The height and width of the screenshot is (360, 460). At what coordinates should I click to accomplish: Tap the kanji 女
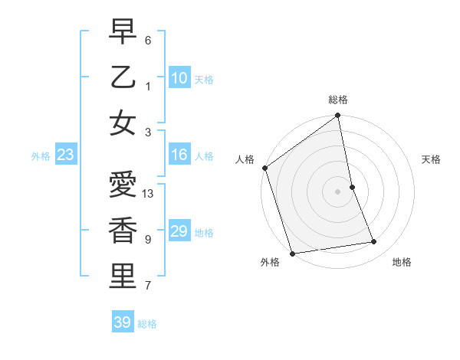coord(123,123)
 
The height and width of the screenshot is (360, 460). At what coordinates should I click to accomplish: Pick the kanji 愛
coord(123,185)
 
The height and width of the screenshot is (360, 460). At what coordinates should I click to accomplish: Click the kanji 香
coord(123,231)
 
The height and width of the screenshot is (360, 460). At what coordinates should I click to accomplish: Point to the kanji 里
coord(123,277)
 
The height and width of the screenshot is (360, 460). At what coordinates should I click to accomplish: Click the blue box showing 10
coord(179,77)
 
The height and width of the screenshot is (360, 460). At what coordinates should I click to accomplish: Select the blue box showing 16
coord(179,155)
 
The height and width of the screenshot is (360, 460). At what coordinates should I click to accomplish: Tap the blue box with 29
coord(179,231)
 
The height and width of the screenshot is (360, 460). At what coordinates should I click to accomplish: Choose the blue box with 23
coord(65,155)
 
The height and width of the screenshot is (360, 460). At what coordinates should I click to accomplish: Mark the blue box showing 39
coord(123,322)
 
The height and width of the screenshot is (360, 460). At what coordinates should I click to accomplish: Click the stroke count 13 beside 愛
coord(149,194)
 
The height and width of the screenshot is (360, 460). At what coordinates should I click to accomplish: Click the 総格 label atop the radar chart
coord(338,100)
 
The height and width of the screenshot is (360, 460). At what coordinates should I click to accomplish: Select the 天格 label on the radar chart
coord(432,159)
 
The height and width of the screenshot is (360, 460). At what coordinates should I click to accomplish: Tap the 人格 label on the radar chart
coord(245,159)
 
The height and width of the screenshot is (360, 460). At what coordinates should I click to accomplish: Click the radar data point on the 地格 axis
coord(374,242)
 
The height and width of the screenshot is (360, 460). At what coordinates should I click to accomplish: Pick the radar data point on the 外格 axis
coord(292,253)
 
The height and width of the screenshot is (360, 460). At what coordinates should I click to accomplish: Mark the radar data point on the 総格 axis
coord(338,116)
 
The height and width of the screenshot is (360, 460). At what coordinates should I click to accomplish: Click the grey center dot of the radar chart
coord(338,191)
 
